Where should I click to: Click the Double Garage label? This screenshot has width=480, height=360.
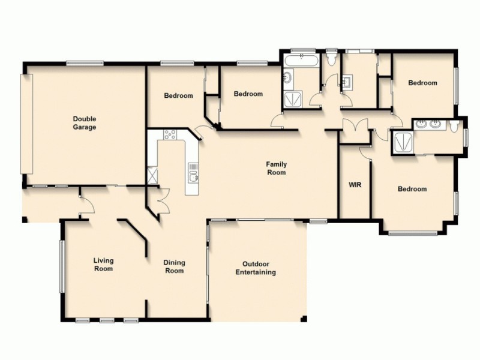click(x=85, y=123)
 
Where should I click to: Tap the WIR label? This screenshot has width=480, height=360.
click(x=354, y=185)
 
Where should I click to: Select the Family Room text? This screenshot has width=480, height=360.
click(x=277, y=168)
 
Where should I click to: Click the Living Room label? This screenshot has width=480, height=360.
click(x=103, y=265)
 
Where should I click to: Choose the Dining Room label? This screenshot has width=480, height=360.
click(x=174, y=266)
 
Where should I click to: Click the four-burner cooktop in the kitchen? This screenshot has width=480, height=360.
click(x=169, y=135)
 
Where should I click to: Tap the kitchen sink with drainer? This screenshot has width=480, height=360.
click(x=193, y=173)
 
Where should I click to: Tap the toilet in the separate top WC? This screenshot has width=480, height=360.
click(x=331, y=59)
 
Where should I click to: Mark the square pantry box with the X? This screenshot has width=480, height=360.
click(x=152, y=176)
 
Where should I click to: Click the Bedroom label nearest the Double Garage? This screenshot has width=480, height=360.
click(x=179, y=96)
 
